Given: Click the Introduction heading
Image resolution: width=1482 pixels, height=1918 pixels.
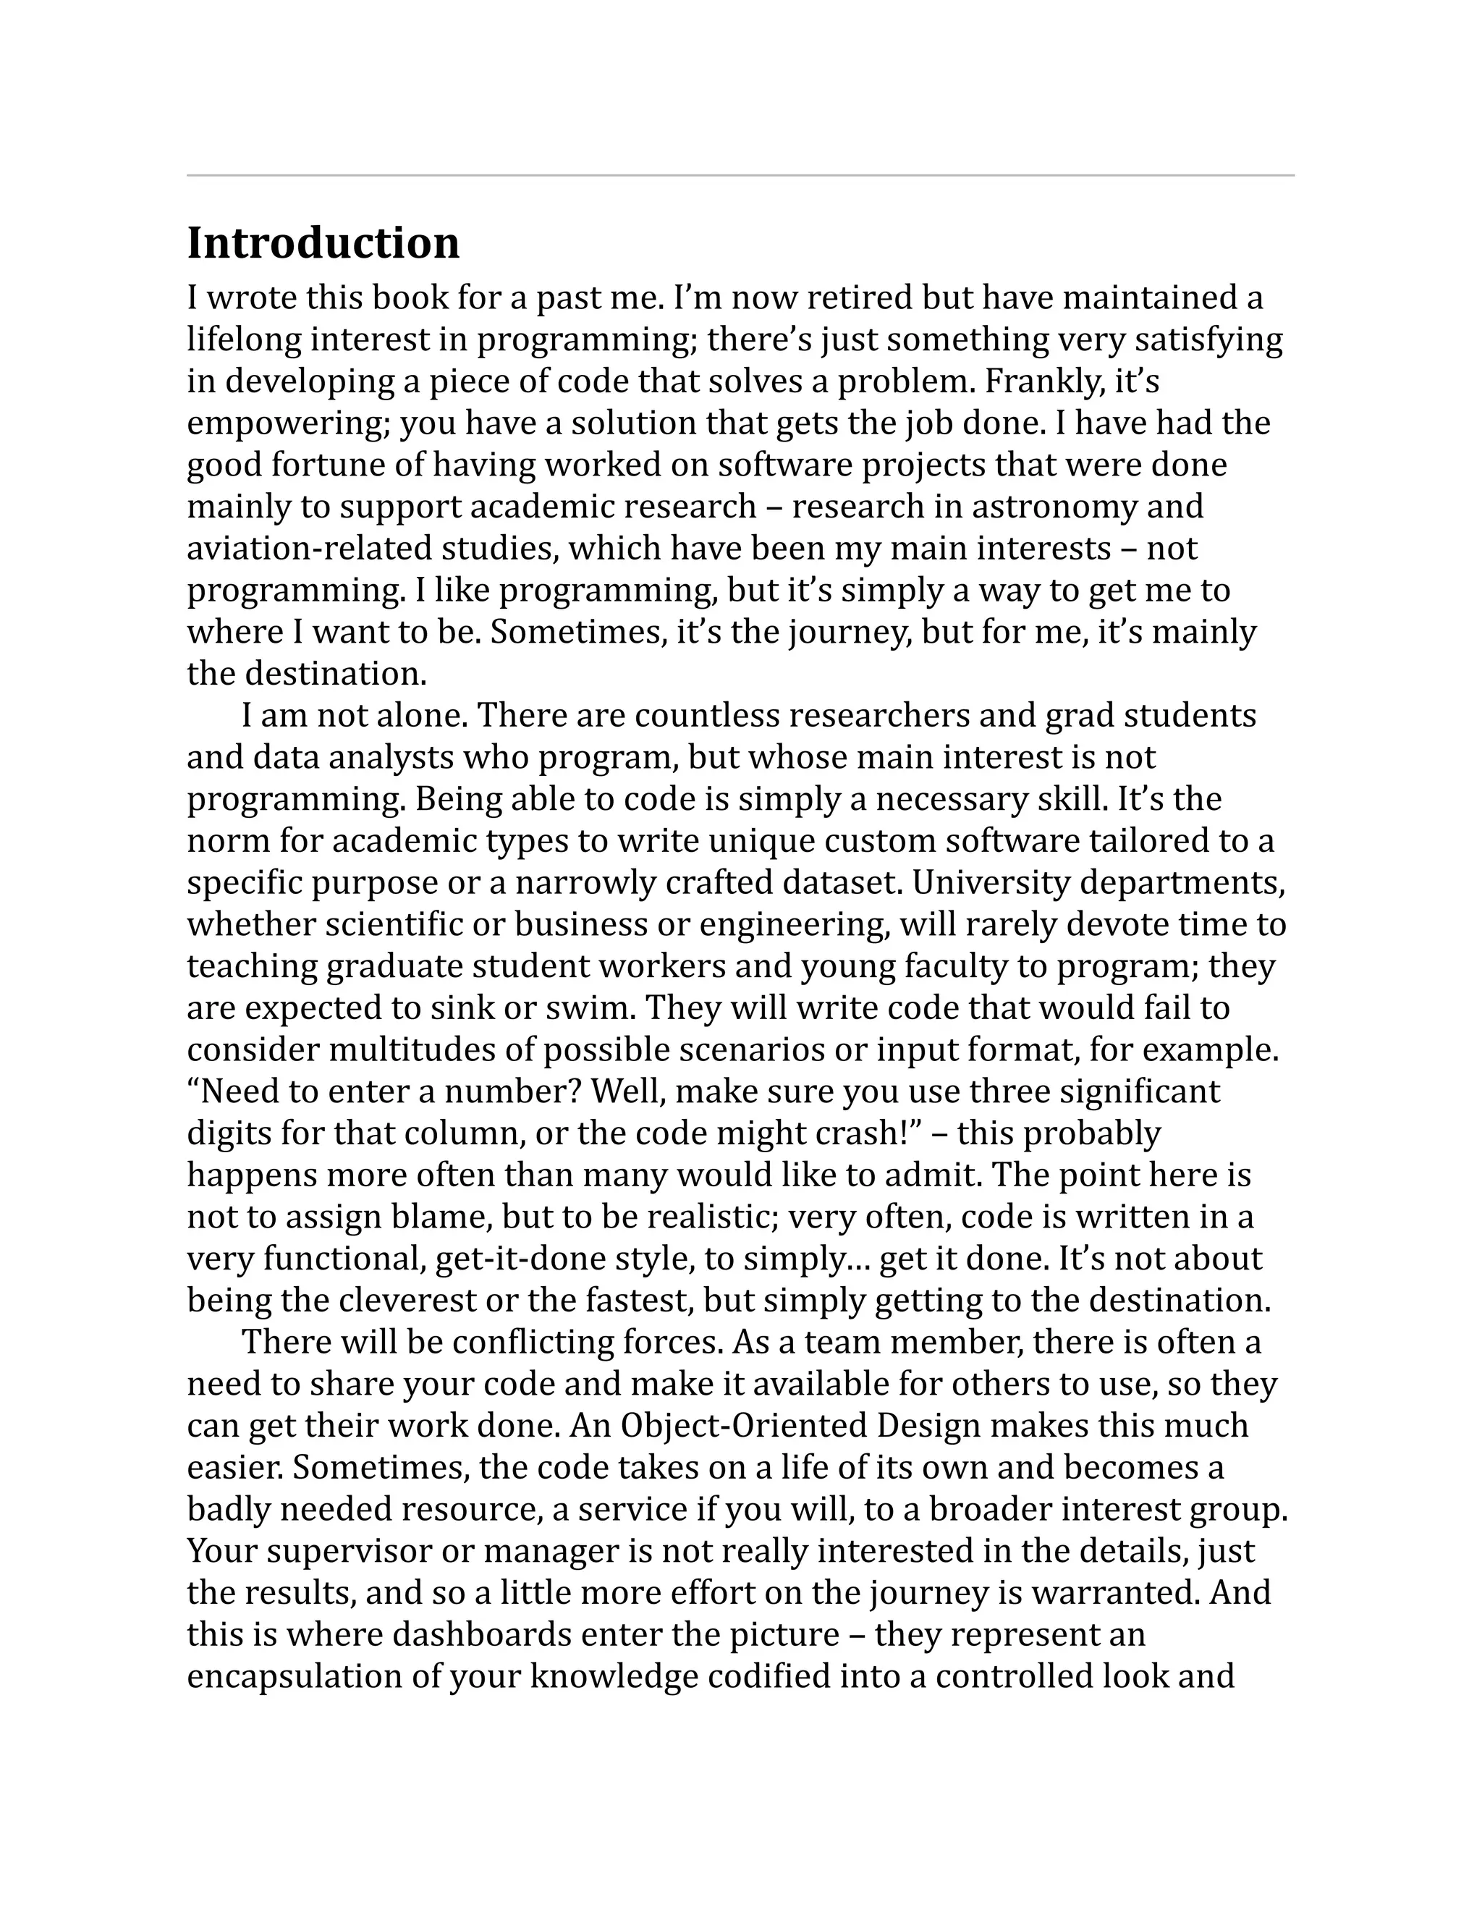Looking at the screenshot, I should point(323,243).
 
